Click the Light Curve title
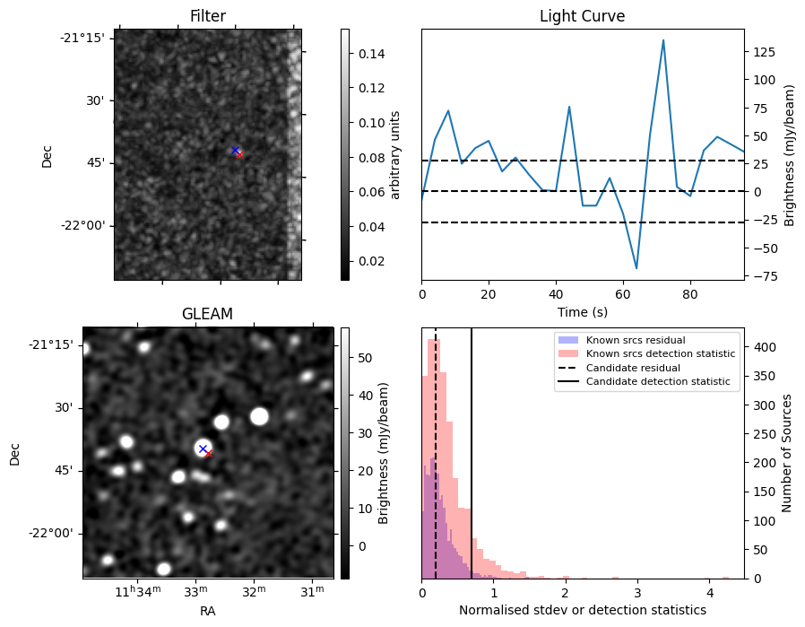coord(582,16)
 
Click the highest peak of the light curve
coord(663,40)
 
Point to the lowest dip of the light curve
coord(636,268)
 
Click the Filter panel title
coord(208,16)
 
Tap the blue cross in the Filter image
coord(235,150)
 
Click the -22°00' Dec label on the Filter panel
coord(84,225)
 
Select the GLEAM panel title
coord(207,314)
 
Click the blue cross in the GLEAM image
coord(203,448)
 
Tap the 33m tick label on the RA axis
coord(195,593)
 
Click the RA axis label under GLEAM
coord(207,611)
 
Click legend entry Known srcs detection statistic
coord(660,353)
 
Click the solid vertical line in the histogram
coord(472,466)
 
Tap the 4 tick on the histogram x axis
coord(709,593)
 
